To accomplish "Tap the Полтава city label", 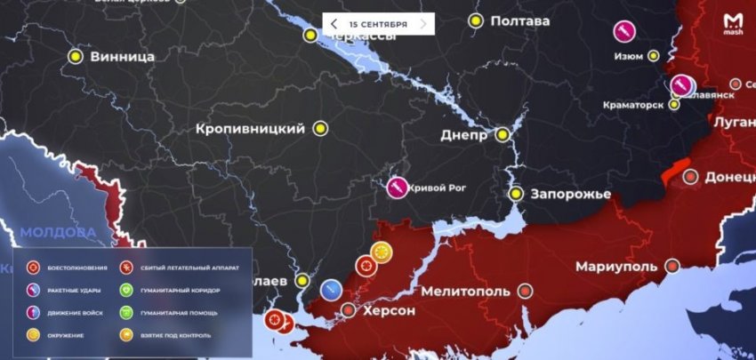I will tap(520, 20).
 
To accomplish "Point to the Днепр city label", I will tap(464, 135).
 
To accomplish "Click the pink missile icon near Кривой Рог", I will tap(398, 188).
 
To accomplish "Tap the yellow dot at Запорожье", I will tap(516, 194).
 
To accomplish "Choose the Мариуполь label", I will tap(616, 267).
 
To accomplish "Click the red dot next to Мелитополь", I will tap(526, 291).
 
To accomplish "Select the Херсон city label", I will tap(389, 310).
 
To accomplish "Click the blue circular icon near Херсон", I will tap(331, 289).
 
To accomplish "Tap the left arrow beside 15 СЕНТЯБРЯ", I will tap(334, 23).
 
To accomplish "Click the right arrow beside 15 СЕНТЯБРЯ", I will tap(423, 23).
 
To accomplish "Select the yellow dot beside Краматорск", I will tap(674, 104).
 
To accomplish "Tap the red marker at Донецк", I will tap(690, 177).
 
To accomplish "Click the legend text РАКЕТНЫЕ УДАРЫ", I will tap(72, 291).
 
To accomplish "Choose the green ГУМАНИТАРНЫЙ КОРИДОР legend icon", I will tap(126, 291).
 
